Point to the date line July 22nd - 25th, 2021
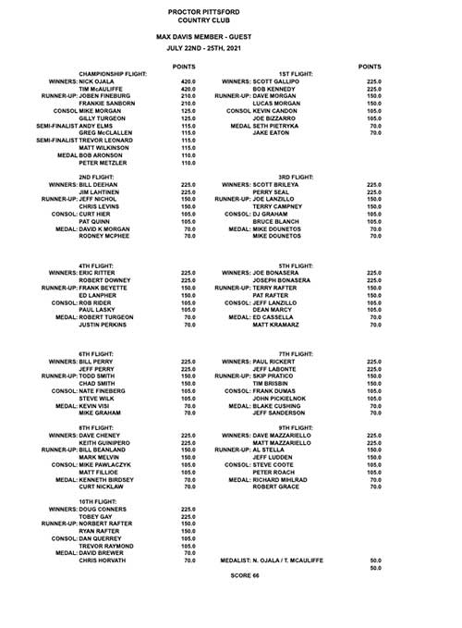coord(231,45)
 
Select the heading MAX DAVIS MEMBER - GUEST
coord(231,33)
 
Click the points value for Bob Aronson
coord(189,155)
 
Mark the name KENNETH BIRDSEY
coord(111,481)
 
